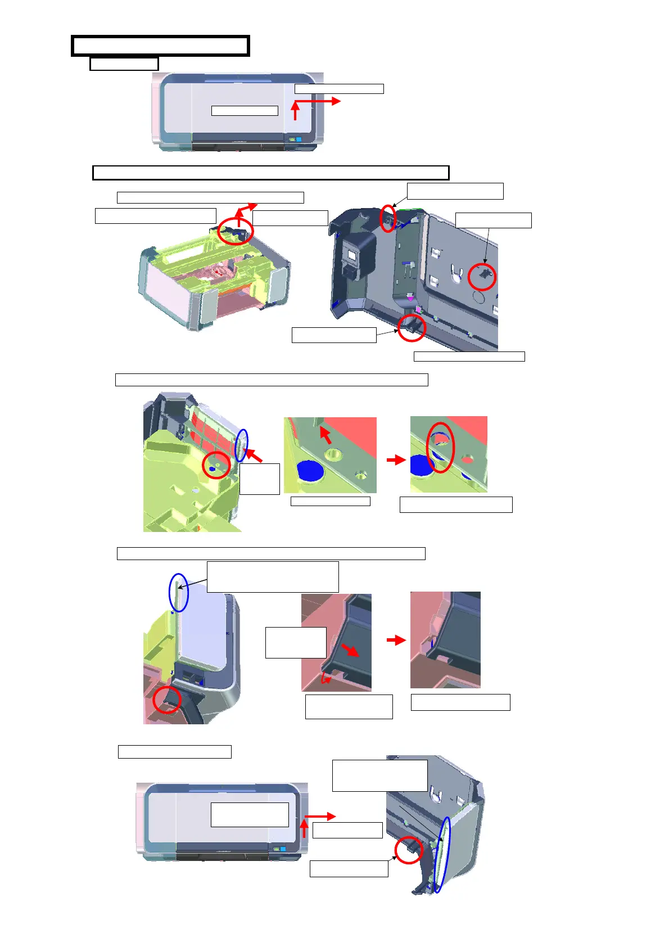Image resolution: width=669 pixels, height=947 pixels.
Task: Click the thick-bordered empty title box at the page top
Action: tap(160, 46)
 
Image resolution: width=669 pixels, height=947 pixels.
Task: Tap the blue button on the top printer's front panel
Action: tap(299, 139)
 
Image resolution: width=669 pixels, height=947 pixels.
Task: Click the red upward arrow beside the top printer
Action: tap(295, 111)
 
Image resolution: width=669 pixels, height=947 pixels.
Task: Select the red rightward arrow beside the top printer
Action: tap(320, 101)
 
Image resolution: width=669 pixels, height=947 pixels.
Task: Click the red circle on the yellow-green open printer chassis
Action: tap(235, 230)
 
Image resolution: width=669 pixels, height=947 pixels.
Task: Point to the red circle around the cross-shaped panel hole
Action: tap(482, 277)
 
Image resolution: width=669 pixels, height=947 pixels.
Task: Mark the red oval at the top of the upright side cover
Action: tap(387, 218)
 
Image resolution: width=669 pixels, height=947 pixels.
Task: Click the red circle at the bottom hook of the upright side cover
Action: tap(412, 327)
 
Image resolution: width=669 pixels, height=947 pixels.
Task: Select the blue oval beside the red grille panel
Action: tap(241, 445)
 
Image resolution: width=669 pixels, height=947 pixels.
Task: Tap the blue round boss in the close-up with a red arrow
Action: tap(308, 471)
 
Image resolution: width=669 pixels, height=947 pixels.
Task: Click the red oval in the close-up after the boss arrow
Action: tap(440, 447)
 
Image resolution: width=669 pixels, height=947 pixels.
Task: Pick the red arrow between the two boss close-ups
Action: tap(396, 459)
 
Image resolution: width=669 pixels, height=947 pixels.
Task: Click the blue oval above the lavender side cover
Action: tap(179, 593)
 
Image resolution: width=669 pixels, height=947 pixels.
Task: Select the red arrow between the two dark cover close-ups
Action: tap(396, 640)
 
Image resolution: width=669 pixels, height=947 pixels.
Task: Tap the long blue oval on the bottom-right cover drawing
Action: tap(442, 854)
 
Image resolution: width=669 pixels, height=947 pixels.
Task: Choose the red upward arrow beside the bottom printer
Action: tap(304, 829)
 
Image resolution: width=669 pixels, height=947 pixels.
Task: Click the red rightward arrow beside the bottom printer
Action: tap(320, 816)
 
